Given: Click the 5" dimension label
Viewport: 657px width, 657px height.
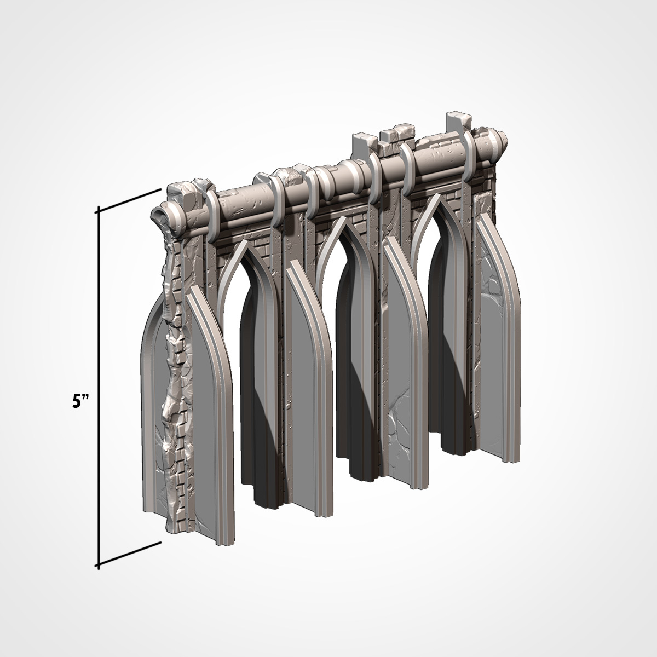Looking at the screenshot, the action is point(80,402).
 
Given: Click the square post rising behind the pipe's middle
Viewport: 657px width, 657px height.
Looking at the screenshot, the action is point(364,147).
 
